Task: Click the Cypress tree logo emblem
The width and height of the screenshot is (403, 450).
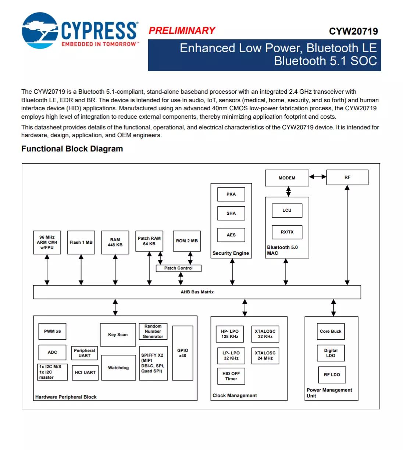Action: (40, 31)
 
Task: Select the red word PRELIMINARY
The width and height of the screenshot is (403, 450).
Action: (182, 31)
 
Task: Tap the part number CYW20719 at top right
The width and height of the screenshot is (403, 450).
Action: (353, 31)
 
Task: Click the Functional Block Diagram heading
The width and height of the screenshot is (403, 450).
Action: (72, 149)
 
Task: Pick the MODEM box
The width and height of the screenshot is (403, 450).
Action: (287, 178)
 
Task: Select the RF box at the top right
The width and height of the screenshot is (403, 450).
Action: (347, 177)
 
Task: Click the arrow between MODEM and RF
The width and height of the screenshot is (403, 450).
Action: (318, 177)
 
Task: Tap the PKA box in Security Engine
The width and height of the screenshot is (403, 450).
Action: (231, 194)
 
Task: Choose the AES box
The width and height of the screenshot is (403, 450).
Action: (231, 235)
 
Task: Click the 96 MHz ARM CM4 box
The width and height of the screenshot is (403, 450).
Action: (47, 242)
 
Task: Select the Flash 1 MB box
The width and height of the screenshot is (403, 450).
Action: (81, 242)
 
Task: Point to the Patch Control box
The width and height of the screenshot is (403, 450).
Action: (178, 268)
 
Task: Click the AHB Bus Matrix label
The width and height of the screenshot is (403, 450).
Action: (197, 292)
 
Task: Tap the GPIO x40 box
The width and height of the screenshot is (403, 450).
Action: (182, 353)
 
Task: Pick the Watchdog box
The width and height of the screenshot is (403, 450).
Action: (118, 368)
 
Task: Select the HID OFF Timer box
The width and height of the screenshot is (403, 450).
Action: (231, 376)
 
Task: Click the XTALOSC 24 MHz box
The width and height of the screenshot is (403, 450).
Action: (265, 356)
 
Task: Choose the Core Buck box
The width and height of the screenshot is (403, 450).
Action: (331, 331)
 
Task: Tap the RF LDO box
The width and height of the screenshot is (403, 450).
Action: (332, 375)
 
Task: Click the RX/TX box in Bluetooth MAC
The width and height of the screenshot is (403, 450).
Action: (287, 232)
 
